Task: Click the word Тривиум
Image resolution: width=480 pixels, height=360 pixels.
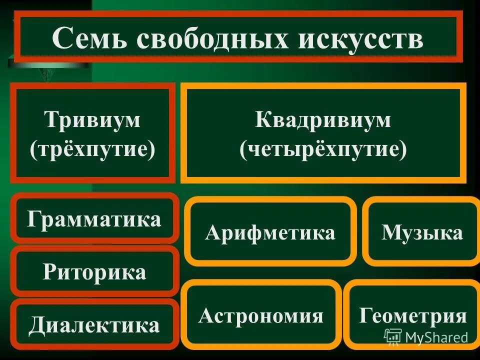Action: point(93,120)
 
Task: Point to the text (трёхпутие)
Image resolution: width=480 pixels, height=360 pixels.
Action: point(93,149)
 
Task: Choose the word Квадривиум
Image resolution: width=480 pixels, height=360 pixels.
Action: point(323,120)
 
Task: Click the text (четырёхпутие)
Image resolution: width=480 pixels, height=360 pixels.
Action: point(323,149)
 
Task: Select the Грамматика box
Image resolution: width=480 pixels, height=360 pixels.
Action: point(94,219)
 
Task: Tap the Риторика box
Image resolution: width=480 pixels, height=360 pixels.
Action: point(94,272)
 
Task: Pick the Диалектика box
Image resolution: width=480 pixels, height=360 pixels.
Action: point(94,325)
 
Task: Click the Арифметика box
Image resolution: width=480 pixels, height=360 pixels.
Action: point(270,232)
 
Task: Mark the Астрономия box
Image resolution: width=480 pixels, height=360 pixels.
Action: point(261,315)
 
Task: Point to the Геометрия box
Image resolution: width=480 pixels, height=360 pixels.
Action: point(413,315)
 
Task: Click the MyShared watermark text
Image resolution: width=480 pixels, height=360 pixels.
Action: point(436,337)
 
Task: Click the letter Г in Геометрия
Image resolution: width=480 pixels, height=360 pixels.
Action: point(365,316)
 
